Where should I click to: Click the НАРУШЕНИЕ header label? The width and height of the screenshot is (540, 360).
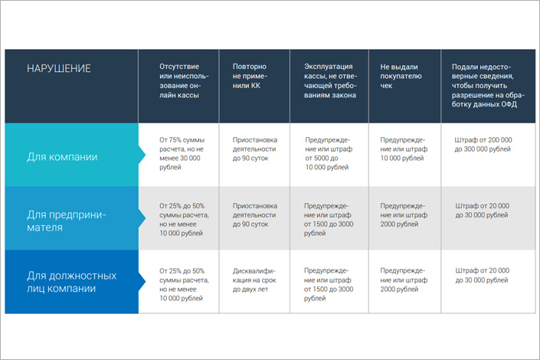coord(59,69)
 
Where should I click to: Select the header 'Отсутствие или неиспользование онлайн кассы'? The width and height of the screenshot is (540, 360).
coord(184,80)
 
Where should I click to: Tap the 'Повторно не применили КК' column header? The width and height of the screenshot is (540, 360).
coord(250,76)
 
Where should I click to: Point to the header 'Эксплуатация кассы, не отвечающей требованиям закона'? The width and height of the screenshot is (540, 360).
coord(330,80)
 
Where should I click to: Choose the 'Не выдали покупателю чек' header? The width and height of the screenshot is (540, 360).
coord(401,76)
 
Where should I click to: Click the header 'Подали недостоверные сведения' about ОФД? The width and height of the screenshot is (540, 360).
coord(488,86)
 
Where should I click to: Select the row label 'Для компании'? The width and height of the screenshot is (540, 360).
coord(62,157)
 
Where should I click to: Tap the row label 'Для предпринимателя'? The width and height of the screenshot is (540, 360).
coord(66,221)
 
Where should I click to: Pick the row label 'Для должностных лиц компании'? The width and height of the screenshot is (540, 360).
coord(72,282)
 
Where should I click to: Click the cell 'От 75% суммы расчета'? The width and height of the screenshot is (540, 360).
coord(182,153)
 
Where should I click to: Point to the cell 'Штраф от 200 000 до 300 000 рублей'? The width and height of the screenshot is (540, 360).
coord(483,144)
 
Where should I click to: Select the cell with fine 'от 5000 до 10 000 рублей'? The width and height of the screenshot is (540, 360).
coord(329,153)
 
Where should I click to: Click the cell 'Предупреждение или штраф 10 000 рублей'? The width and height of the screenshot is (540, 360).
coord(404,149)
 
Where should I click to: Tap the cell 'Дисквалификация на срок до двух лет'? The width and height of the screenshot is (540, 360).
coord(254,280)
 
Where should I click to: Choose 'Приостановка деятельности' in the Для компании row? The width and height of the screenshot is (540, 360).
coord(255,149)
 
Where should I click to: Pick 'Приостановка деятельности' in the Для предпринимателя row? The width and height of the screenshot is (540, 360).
coord(255,214)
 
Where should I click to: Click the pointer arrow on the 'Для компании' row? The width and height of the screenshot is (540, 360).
coord(142,155)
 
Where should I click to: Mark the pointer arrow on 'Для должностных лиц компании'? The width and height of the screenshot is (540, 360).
coord(142,281)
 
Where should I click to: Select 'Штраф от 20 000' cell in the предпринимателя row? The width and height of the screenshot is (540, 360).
coord(482,210)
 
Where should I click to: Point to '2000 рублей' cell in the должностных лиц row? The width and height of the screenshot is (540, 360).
coord(404,280)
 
